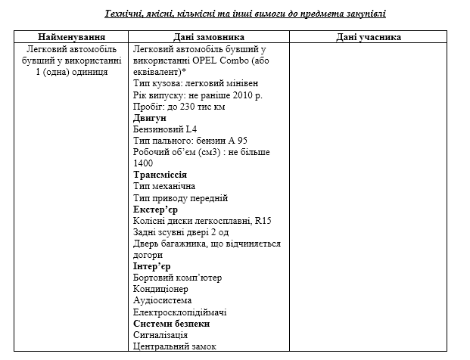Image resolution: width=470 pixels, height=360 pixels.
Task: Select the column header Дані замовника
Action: click(204, 37)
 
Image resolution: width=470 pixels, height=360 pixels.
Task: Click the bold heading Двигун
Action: click(150, 118)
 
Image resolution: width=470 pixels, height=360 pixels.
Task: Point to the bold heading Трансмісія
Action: click(160, 175)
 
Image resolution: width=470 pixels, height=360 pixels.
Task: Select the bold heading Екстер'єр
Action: click(155, 209)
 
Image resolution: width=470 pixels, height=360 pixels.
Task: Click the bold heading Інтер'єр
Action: click(152, 266)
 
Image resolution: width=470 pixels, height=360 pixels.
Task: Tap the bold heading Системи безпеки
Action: click(171, 323)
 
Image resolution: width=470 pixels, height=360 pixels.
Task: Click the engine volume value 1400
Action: click(143, 163)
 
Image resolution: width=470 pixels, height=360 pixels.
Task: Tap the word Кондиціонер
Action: click(160, 289)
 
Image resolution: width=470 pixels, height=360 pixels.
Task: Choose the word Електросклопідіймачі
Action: click(180, 312)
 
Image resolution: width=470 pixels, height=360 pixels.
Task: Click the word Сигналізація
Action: click(160, 334)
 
